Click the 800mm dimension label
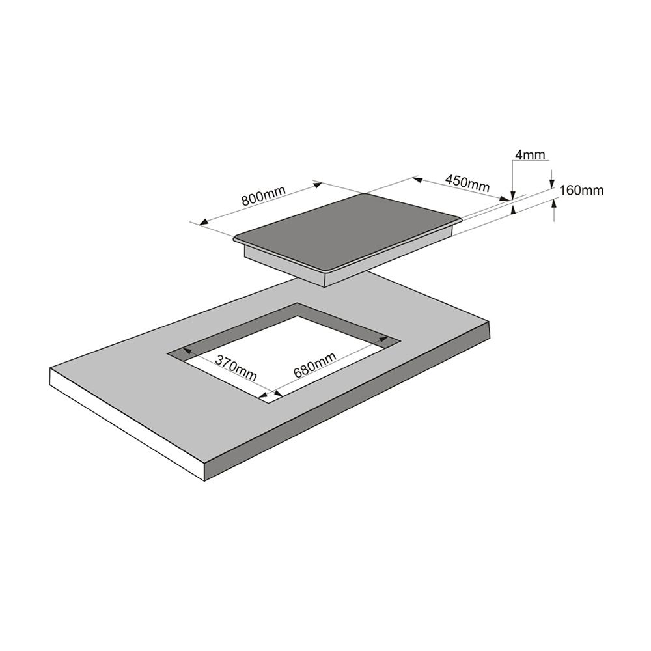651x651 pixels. (x=263, y=195)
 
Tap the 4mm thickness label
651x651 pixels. (x=530, y=155)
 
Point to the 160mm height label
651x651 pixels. (x=581, y=191)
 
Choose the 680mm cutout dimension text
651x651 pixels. (x=314, y=365)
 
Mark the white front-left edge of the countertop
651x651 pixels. (x=128, y=424)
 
